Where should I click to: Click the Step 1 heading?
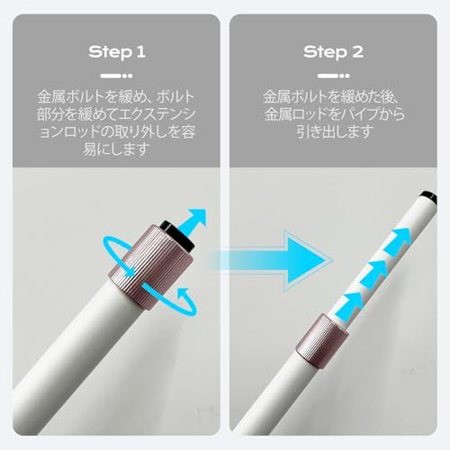(117, 52)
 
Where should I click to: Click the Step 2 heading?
(333, 52)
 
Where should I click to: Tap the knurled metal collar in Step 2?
(321, 341)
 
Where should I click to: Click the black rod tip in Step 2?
(428, 198)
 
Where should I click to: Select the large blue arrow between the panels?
(270, 260)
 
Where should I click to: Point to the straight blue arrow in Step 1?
(194, 221)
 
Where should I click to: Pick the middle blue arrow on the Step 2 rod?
(373, 274)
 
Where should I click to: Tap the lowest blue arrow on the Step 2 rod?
(349, 306)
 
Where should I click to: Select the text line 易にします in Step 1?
(116, 149)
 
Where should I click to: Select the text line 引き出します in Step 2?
(333, 131)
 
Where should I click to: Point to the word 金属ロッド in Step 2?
(301, 114)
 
